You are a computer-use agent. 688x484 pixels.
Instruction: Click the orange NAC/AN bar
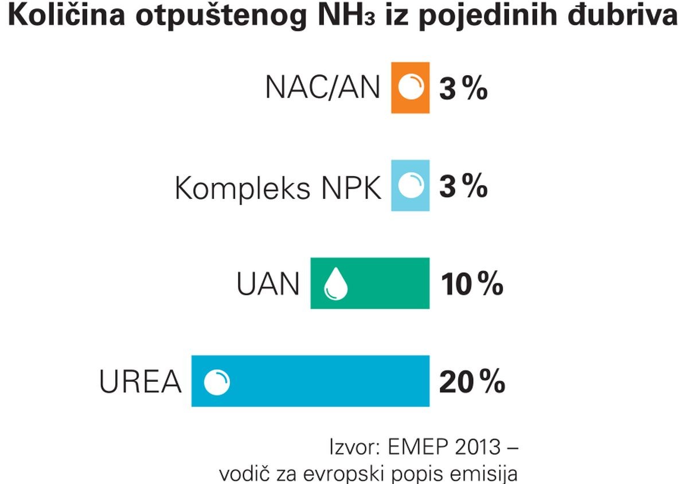coord(411,88)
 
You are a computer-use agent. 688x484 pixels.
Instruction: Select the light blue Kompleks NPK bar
coord(411,185)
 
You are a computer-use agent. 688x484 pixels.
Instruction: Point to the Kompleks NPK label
coord(277,188)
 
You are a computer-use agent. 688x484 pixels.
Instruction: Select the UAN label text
coord(268,285)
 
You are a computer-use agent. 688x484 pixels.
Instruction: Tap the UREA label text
coord(140,382)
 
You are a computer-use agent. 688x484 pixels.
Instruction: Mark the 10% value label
coord(472,285)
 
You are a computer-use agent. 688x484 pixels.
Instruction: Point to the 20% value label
coord(472,382)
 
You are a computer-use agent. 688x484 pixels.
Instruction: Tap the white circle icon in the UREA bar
coord(217,382)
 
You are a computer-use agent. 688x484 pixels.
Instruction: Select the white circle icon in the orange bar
coord(411,88)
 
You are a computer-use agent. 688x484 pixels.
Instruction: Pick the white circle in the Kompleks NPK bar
coord(411,186)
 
